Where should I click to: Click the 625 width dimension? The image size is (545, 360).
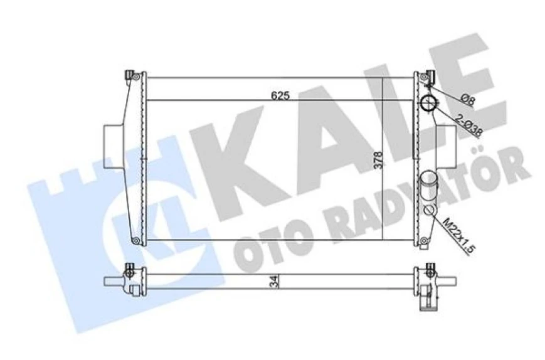(x=279, y=96)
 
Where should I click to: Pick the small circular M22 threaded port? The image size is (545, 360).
(x=430, y=211)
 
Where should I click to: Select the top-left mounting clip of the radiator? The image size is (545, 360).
(x=131, y=76)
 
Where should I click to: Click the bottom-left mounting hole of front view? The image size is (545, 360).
(x=134, y=240)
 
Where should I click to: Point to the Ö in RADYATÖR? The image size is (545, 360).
(x=484, y=169)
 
